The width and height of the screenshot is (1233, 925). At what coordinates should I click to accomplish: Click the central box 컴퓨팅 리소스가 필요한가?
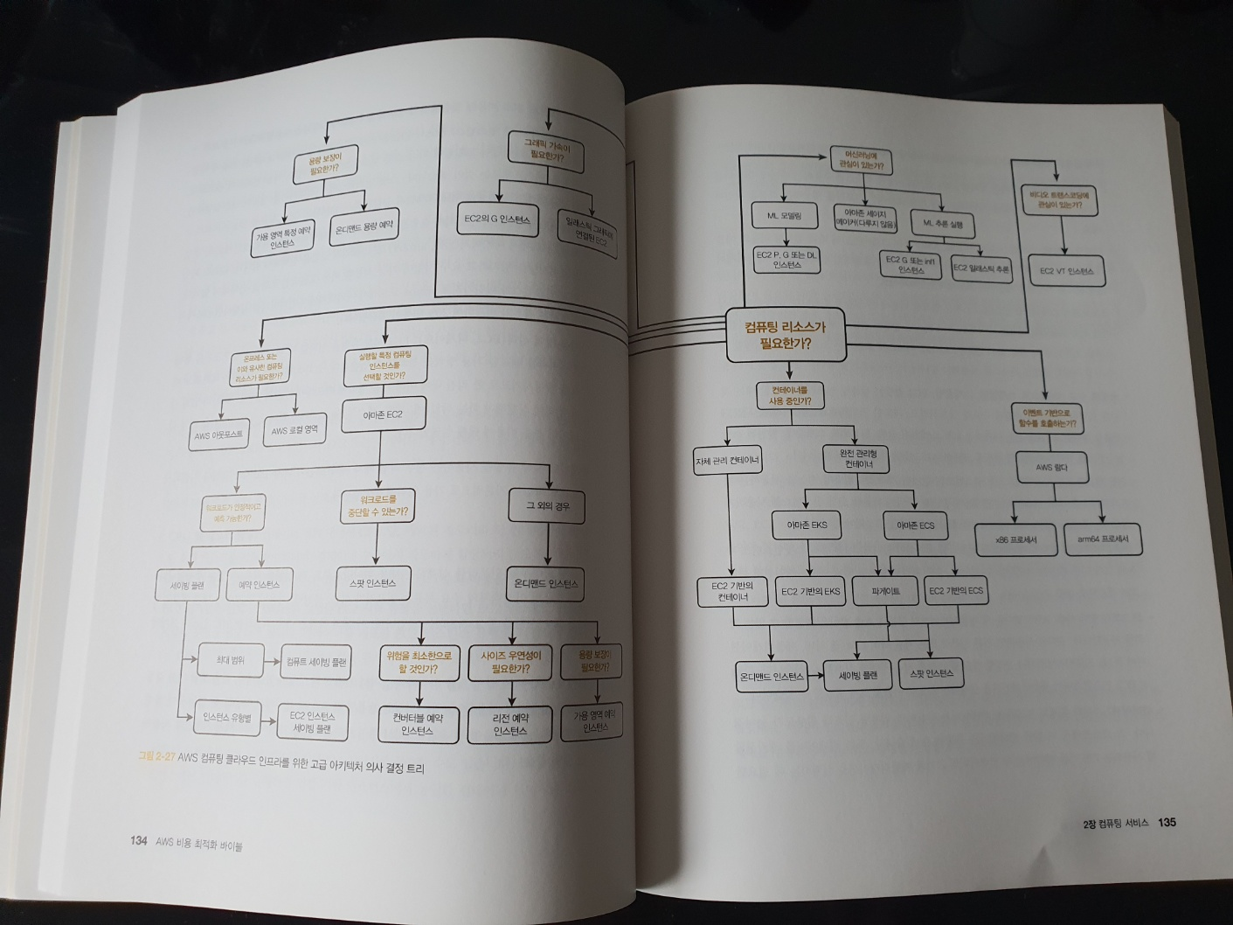click(x=786, y=335)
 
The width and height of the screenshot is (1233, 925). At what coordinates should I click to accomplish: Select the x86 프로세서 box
click(x=1016, y=539)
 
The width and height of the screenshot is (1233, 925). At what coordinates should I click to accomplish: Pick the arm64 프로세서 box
click(x=1103, y=539)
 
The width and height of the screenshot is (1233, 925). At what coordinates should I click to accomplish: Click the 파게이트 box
click(x=886, y=592)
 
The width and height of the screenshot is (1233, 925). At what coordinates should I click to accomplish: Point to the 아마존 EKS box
click(x=806, y=525)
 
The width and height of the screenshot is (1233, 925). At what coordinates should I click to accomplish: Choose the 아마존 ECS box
click(x=915, y=525)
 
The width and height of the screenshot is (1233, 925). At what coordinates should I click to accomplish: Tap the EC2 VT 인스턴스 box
click(x=1067, y=271)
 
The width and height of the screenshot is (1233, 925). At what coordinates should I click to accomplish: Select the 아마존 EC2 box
click(x=383, y=414)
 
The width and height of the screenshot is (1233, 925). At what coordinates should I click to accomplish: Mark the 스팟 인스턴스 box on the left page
click(x=373, y=582)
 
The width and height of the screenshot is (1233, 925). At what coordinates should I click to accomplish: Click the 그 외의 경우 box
click(x=548, y=506)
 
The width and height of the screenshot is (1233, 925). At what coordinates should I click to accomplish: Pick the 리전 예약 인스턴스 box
click(x=510, y=724)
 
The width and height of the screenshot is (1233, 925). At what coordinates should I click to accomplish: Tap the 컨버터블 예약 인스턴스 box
click(x=419, y=724)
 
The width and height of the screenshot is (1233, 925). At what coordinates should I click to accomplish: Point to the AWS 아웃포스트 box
click(x=218, y=434)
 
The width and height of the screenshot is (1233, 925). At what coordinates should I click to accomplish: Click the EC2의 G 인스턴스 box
click(x=498, y=219)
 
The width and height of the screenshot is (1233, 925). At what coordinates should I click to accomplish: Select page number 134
click(x=137, y=841)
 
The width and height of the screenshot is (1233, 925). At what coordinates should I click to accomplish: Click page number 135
click(x=1167, y=823)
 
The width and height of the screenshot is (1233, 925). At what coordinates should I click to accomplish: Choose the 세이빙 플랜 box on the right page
click(x=857, y=675)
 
